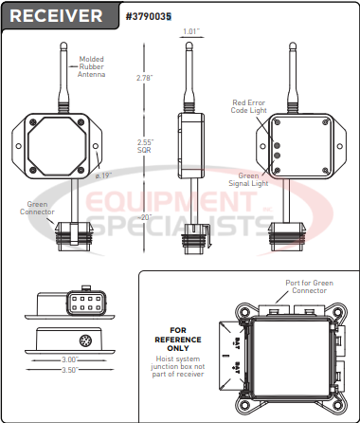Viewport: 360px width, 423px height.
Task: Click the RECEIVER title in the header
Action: click(57, 16)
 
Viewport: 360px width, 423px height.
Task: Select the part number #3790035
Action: click(149, 16)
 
